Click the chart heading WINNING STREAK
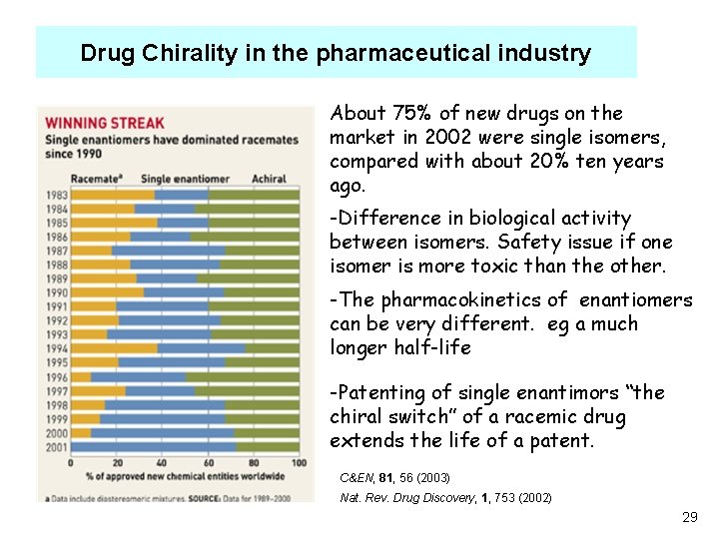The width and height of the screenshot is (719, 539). point(90,124)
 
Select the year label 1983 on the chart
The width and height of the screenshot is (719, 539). point(56,195)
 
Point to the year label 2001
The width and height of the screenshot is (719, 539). point(56,446)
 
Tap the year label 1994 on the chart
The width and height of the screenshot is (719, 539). point(56,348)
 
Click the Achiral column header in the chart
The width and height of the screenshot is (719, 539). point(269,179)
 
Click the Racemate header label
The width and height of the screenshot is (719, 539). point(93,179)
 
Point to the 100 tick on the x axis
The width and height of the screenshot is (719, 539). point(298,462)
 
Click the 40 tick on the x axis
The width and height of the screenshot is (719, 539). point(163,462)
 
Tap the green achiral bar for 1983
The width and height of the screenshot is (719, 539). point(254,195)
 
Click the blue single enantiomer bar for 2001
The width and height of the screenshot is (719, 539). point(150,446)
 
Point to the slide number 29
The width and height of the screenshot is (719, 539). point(688,517)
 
